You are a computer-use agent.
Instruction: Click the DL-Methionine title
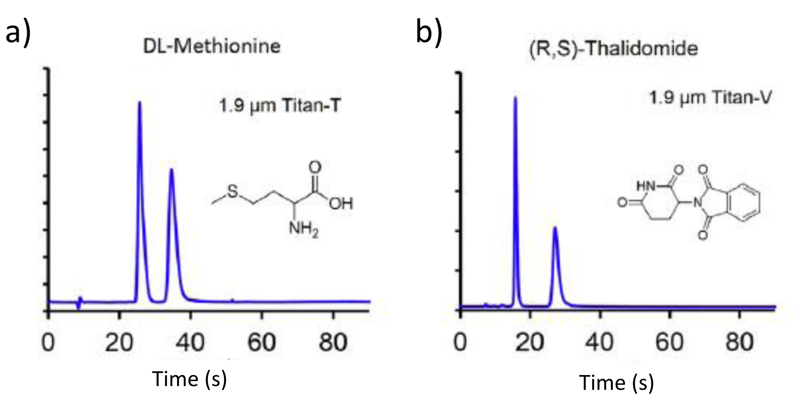(x=212, y=47)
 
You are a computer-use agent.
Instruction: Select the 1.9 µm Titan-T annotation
(x=280, y=106)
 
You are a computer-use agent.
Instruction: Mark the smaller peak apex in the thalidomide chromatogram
(x=555, y=227)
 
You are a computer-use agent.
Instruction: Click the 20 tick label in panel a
(x=119, y=343)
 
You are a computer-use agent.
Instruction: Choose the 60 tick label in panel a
(x=262, y=343)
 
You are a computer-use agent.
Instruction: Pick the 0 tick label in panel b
(x=460, y=343)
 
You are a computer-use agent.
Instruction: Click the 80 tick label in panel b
(x=739, y=343)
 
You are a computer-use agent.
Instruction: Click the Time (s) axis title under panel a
(x=189, y=379)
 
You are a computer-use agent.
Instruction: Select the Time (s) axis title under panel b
(x=617, y=383)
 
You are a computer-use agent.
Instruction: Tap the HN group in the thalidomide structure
(x=645, y=186)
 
